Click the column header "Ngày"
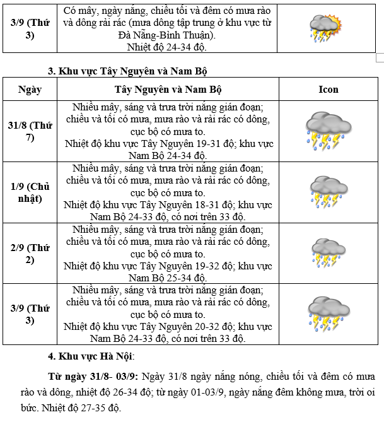point(30,89)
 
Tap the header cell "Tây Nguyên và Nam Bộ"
point(168,89)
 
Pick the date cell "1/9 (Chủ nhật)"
point(30,192)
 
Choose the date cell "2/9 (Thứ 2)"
point(30,253)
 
